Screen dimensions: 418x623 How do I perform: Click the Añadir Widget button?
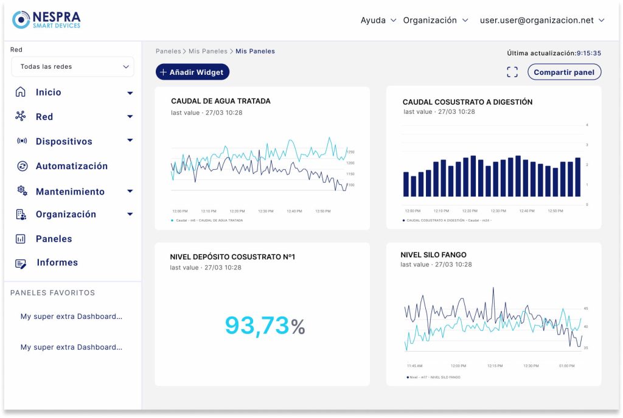click(192, 72)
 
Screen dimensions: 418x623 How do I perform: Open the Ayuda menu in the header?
click(378, 20)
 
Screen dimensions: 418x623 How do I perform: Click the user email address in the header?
click(537, 20)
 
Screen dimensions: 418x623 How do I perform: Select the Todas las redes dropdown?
click(73, 67)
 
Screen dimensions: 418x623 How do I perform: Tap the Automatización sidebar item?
click(71, 166)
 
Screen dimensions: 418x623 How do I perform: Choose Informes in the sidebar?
click(57, 263)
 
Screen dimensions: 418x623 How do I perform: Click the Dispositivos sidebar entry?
click(64, 141)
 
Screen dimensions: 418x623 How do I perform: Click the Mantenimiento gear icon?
click(22, 191)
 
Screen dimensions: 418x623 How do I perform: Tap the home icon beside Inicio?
click(21, 92)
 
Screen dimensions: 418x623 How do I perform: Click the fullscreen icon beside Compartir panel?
click(512, 72)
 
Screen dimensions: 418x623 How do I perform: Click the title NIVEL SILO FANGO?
click(433, 255)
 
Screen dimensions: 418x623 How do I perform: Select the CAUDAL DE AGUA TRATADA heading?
click(221, 101)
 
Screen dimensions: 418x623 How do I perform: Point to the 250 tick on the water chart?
click(350, 152)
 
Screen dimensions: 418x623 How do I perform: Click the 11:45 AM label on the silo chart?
click(415, 366)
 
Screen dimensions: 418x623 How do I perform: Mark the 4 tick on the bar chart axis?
click(586, 125)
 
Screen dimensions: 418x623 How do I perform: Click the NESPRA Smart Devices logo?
click(46, 19)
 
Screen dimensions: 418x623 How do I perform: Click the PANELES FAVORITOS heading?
click(53, 293)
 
